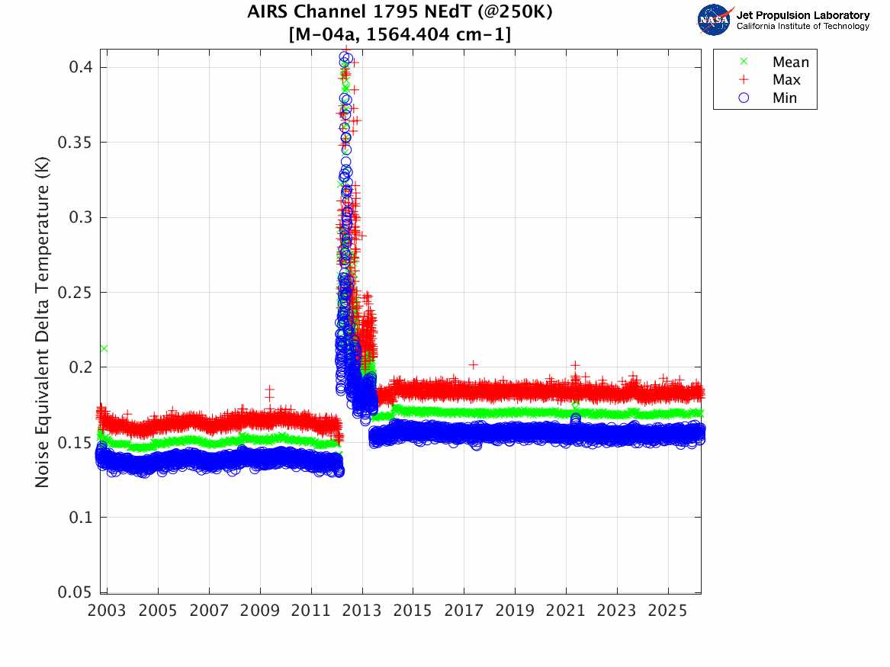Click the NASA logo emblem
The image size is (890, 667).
[714, 20]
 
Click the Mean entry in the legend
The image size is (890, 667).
[789, 63]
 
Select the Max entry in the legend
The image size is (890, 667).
[786, 80]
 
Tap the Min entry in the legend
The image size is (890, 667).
[784, 98]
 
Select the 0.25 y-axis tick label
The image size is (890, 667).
[76, 292]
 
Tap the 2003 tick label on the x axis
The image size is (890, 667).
[108, 611]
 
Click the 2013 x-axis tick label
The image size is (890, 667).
[362, 611]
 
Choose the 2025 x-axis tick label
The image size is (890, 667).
[668, 611]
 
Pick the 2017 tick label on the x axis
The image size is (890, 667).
[464, 611]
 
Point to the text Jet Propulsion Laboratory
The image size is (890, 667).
[802, 15]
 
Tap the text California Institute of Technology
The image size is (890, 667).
[802, 27]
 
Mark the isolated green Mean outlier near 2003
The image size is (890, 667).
[104, 348]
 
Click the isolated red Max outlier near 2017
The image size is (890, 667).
[473, 364]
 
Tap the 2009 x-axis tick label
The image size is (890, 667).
[261, 611]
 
